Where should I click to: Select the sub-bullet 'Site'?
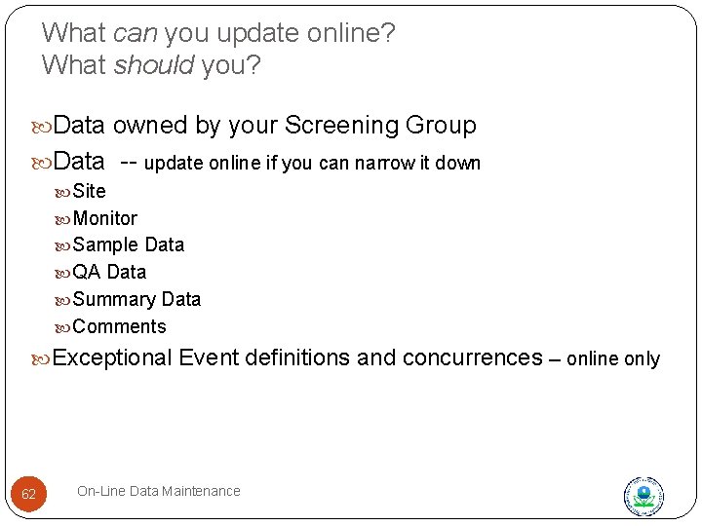click(89, 191)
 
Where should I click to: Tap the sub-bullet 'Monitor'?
click(104, 218)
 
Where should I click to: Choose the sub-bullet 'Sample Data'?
click(128, 244)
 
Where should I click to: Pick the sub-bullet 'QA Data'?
click(109, 272)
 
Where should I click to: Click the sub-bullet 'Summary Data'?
click(136, 299)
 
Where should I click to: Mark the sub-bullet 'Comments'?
click(119, 326)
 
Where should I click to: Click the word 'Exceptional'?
click(112, 357)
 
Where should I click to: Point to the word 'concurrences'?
click(471, 357)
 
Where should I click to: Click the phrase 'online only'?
click(612, 359)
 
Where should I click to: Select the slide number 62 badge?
click(28, 495)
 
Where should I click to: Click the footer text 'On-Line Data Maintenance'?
click(158, 491)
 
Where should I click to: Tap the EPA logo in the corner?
click(643, 496)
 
